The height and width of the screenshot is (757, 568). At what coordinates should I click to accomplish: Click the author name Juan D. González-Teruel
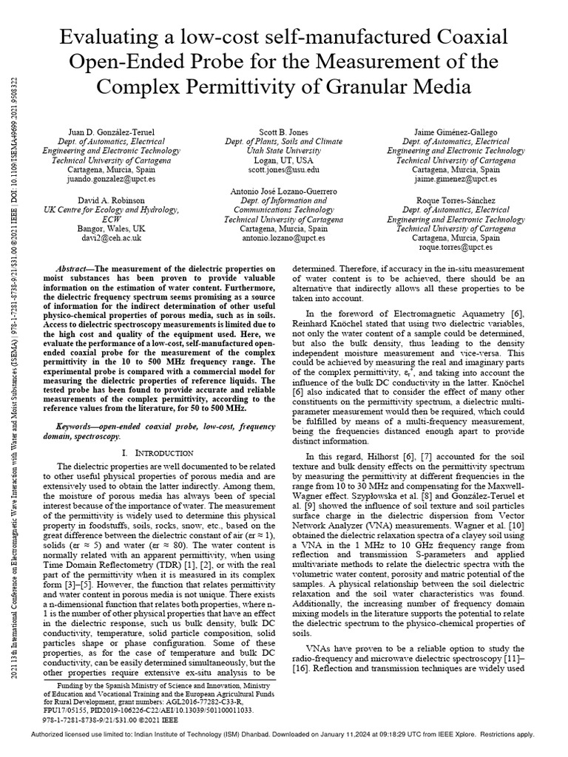[108, 132]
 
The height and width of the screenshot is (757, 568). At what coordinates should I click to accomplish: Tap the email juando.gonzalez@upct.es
[108, 178]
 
